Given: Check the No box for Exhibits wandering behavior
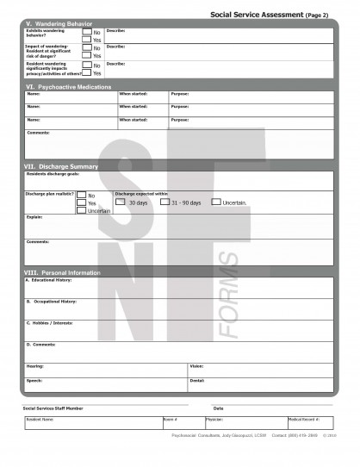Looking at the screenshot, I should click(x=87, y=32).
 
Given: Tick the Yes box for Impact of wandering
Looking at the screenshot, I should click(x=87, y=55).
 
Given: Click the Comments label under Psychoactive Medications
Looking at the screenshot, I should click(x=38, y=132).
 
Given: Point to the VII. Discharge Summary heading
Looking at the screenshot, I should click(x=62, y=166).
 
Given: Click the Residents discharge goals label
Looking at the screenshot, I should click(x=53, y=173).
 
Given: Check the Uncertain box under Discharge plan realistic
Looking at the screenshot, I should click(x=81, y=210).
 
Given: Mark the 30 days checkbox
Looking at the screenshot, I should click(x=121, y=202).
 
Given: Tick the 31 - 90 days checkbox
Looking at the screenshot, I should click(x=165, y=202).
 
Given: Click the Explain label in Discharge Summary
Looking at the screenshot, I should click(x=34, y=217).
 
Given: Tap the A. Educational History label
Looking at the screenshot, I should click(x=48, y=280).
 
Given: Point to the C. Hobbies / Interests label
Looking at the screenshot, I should click(x=49, y=322).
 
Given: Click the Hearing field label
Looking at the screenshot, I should click(x=35, y=365).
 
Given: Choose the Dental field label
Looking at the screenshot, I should click(x=196, y=380).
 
